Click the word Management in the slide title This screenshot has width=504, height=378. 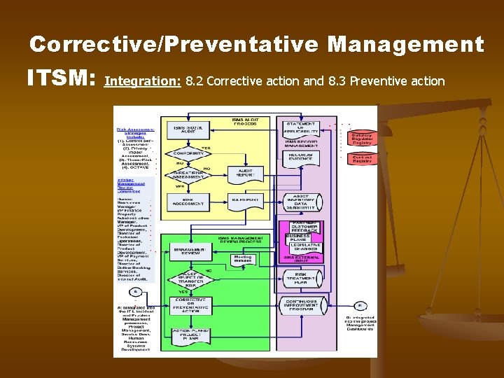coord(405,45)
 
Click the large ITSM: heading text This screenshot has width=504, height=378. coord(60,78)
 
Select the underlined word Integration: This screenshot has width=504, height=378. coord(143,81)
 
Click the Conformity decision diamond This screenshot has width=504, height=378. coord(188,153)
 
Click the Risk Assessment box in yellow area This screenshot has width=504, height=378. coord(188,202)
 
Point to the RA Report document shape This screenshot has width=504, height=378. coord(246,200)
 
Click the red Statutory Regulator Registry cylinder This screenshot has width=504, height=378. coord(362,139)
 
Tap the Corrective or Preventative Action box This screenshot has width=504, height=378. coord(190,304)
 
